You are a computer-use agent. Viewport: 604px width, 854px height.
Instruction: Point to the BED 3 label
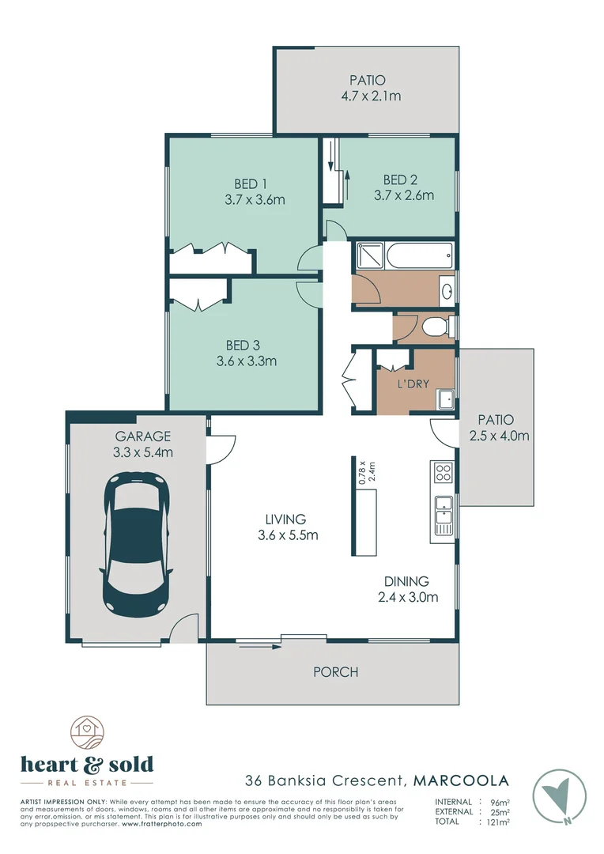[243, 345]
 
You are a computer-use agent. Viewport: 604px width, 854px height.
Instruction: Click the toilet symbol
[436, 327]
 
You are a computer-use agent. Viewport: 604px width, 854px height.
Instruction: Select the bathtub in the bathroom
[419, 255]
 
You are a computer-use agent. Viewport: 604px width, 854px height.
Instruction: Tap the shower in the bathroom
[368, 255]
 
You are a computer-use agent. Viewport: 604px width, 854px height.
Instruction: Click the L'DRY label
[413, 384]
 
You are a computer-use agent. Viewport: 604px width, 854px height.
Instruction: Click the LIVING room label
[285, 520]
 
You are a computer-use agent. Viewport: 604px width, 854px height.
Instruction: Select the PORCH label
[336, 672]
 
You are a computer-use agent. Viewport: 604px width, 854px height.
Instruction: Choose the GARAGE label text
[143, 436]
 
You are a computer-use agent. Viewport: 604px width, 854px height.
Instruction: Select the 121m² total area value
[496, 822]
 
